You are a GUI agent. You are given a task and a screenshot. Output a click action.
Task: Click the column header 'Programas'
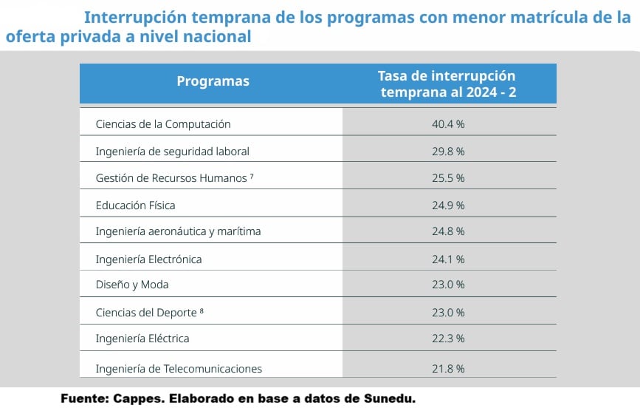[213, 81]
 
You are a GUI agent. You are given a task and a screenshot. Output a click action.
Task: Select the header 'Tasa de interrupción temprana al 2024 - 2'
[447, 84]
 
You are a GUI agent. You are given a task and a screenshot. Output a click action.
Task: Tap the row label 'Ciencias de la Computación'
[163, 124]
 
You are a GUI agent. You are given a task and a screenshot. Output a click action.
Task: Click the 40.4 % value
[448, 124]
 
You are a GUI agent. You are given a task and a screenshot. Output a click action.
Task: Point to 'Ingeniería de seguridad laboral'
[173, 152]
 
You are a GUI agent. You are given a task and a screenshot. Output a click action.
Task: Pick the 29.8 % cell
[448, 152]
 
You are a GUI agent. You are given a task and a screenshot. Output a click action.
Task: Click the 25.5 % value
[448, 178]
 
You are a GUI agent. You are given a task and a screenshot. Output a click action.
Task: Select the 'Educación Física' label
[136, 205]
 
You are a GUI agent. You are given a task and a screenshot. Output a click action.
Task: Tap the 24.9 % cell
[448, 205]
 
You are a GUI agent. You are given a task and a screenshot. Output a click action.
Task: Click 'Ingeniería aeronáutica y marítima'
[178, 231]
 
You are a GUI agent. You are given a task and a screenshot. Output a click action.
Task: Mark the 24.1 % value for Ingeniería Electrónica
[448, 259]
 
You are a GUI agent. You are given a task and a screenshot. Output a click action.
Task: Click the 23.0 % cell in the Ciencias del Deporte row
[448, 312]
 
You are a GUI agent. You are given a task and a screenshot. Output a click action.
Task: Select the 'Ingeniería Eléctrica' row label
[142, 339]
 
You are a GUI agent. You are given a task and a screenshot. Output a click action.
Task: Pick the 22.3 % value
[448, 339]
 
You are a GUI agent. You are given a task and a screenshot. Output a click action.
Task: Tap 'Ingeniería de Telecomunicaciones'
[179, 368]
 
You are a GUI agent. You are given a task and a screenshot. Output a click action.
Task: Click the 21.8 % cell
[448, 368]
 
